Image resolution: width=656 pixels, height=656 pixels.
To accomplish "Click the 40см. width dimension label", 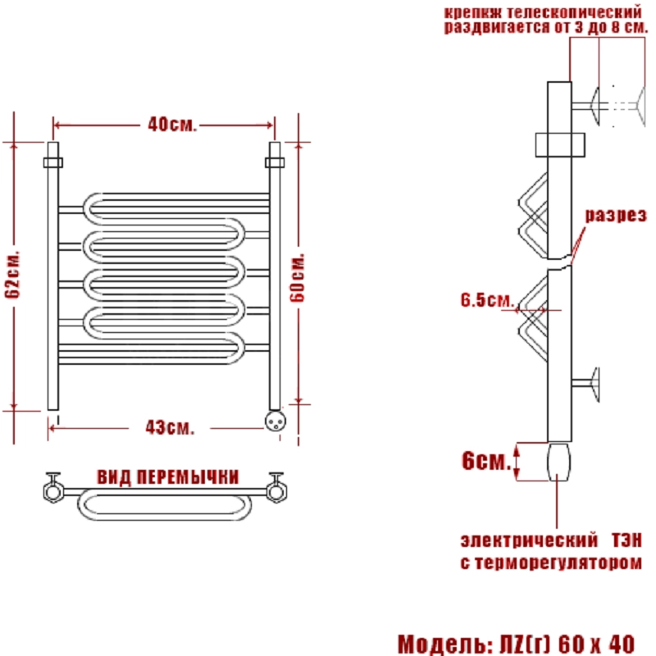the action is pos(171,125).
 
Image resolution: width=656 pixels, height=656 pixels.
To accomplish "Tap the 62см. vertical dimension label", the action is pos(12,275).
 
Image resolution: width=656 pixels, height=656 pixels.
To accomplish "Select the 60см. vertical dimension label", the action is pos(298,277).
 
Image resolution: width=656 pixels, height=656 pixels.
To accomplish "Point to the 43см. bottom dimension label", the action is pos(170,427).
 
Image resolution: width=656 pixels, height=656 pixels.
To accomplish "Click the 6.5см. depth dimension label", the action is pos(487,300).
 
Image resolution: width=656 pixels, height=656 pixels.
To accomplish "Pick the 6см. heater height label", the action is pos(486,461).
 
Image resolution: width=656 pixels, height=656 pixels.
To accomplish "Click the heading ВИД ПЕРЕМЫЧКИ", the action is pos(168,477).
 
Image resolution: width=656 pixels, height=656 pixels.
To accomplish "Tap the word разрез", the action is pos(616,215).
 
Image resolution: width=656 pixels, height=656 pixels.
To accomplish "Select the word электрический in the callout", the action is pos(529,540).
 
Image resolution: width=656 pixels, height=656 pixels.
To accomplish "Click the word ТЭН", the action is pos(626,540).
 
